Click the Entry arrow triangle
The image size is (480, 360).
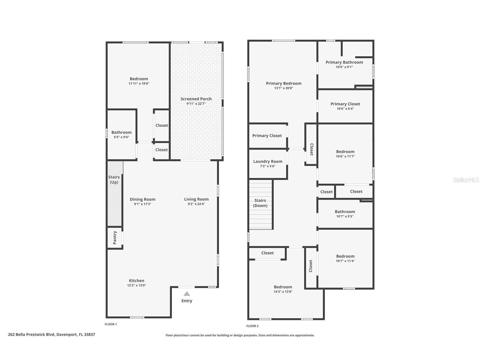pos(187,294)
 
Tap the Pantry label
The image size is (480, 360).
pos(115,238)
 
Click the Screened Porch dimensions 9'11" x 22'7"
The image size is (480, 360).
pos(196,104)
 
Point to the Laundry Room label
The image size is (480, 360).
pos(268,161)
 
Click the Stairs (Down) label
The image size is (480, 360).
pos(260,203)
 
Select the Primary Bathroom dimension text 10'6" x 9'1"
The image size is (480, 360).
pos(344,67)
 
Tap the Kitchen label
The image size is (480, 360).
pos(137,280)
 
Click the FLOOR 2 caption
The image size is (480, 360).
pos(252,326)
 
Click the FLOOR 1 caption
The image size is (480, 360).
pos(111,324)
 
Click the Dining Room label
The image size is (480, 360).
pos(143,199)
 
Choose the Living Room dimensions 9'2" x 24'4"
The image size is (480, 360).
pos(196,204)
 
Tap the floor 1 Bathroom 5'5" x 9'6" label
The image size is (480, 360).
pos(121,132)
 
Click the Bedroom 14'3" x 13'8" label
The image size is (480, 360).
pos(283,287)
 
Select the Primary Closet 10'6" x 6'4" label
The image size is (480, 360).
pos(345,104)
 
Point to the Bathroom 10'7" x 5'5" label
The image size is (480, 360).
pos(345,212)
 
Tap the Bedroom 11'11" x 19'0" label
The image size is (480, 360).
pos(139,79)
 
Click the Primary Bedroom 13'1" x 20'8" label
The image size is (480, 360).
pos(284,83)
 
